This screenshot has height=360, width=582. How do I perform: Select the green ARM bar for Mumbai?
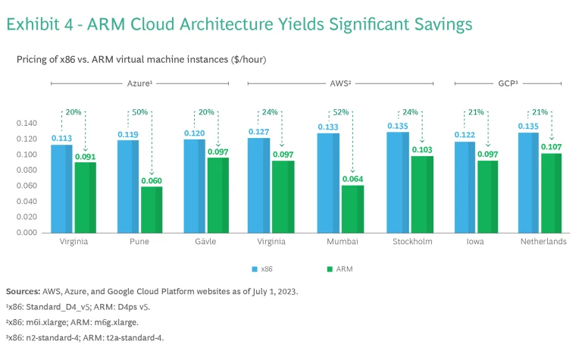(x=349, y=208)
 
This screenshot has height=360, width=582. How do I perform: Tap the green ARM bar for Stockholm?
(x=421, y=194)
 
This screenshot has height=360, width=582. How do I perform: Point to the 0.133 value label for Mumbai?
(x=327, y=127)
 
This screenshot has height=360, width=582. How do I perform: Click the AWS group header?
(x=340, y=83)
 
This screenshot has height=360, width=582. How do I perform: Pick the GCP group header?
(x=508, y=83)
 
